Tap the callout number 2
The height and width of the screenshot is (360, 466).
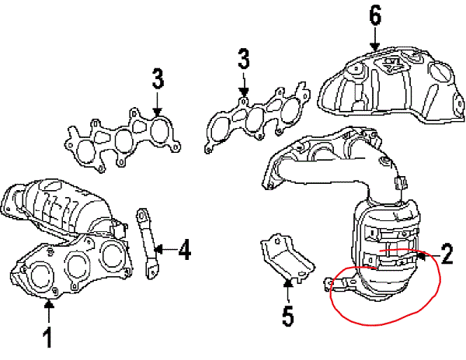point(447,252)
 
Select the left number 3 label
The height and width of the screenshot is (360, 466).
point(158,78)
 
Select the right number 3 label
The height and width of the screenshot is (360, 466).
point(243,59)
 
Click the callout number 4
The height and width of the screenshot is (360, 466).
point(183,250)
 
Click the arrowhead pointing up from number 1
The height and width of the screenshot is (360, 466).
point(48,304)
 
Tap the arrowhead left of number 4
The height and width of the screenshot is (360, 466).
point(158,249)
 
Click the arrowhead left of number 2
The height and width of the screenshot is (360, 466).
point(423,253)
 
